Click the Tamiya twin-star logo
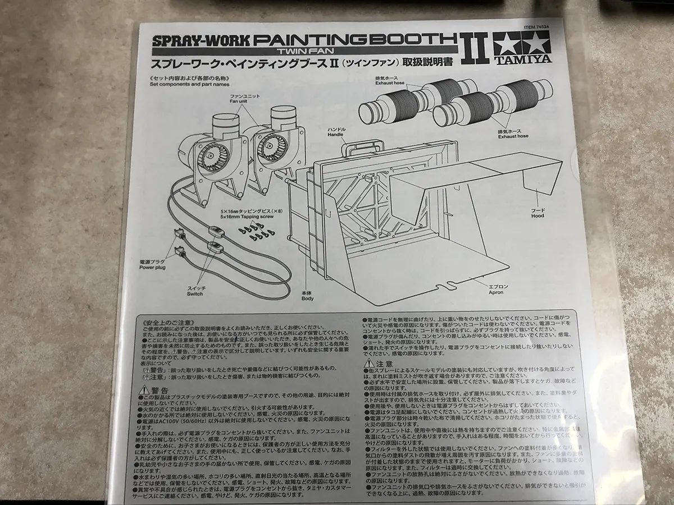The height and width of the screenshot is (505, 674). [x=522, y=44]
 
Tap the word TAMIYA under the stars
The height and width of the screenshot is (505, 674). [x=522, y=59]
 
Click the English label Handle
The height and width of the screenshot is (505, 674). [x=335, y=135]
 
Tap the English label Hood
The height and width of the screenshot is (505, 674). [x=538, y=215]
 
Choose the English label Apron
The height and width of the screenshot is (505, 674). [x=496, y=292]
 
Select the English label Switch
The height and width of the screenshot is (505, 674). [x=195, y=293]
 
